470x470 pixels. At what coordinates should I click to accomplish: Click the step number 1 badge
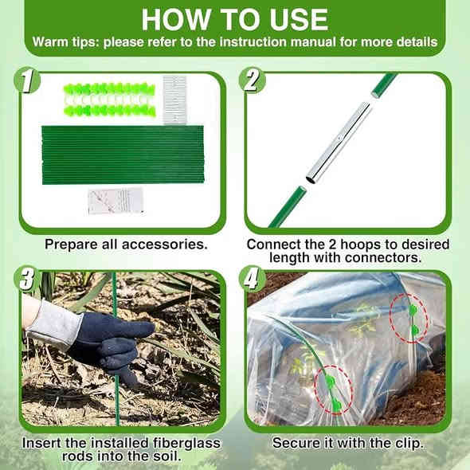[27, 80]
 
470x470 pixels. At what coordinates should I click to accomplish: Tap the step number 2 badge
[252, 80]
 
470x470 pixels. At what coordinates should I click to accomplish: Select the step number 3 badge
[27, 279]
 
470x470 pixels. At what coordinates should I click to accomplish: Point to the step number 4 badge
[252, 279]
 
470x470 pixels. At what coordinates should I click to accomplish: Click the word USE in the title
[299, 20]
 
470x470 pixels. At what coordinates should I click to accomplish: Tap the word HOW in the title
[176, 20]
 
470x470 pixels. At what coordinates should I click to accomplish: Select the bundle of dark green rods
[123, 155]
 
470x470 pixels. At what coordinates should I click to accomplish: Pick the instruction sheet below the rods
[116, 201]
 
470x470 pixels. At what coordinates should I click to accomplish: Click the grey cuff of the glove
[54, 323]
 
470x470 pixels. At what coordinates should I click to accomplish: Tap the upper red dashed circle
[409, 319]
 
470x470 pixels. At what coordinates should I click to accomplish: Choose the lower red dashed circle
[333, 390]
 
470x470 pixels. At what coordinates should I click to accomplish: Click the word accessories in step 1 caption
[165, 245]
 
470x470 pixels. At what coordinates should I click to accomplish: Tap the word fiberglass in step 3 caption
[186, 443]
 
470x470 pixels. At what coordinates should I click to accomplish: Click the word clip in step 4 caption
[409, 444]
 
